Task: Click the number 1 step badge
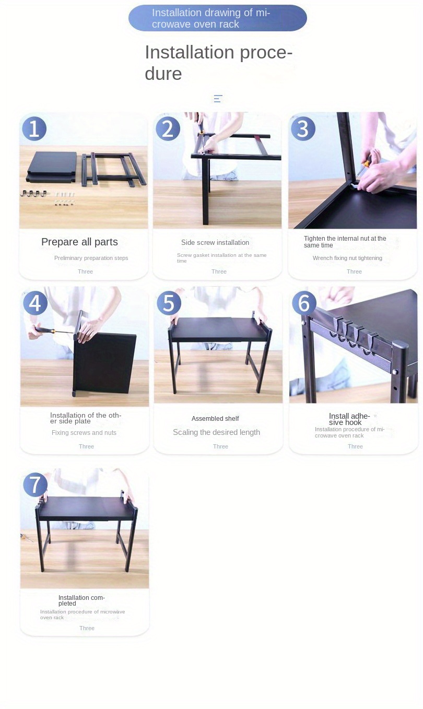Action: (34, 129)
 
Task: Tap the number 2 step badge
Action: (168, 129)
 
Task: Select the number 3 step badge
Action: (303, 129)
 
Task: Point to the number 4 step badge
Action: (35, 303)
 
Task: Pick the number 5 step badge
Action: (169, 303)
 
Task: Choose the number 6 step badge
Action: (304, 303)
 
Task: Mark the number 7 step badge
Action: (35, 485)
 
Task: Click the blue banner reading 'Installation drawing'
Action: (218, 18)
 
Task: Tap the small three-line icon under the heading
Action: (218, 99)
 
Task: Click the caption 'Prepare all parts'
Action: (79, 242)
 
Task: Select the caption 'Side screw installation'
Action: (215, 242)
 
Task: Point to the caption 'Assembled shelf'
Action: (215, 418)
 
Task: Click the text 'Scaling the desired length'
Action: (216, 432)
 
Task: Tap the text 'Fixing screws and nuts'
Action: (84, 433)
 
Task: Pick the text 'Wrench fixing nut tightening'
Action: (347, 258)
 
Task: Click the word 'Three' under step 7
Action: (87, 628)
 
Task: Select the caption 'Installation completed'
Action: (81, 600)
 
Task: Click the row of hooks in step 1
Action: (33, 193)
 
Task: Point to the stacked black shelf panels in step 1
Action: (52, 167)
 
